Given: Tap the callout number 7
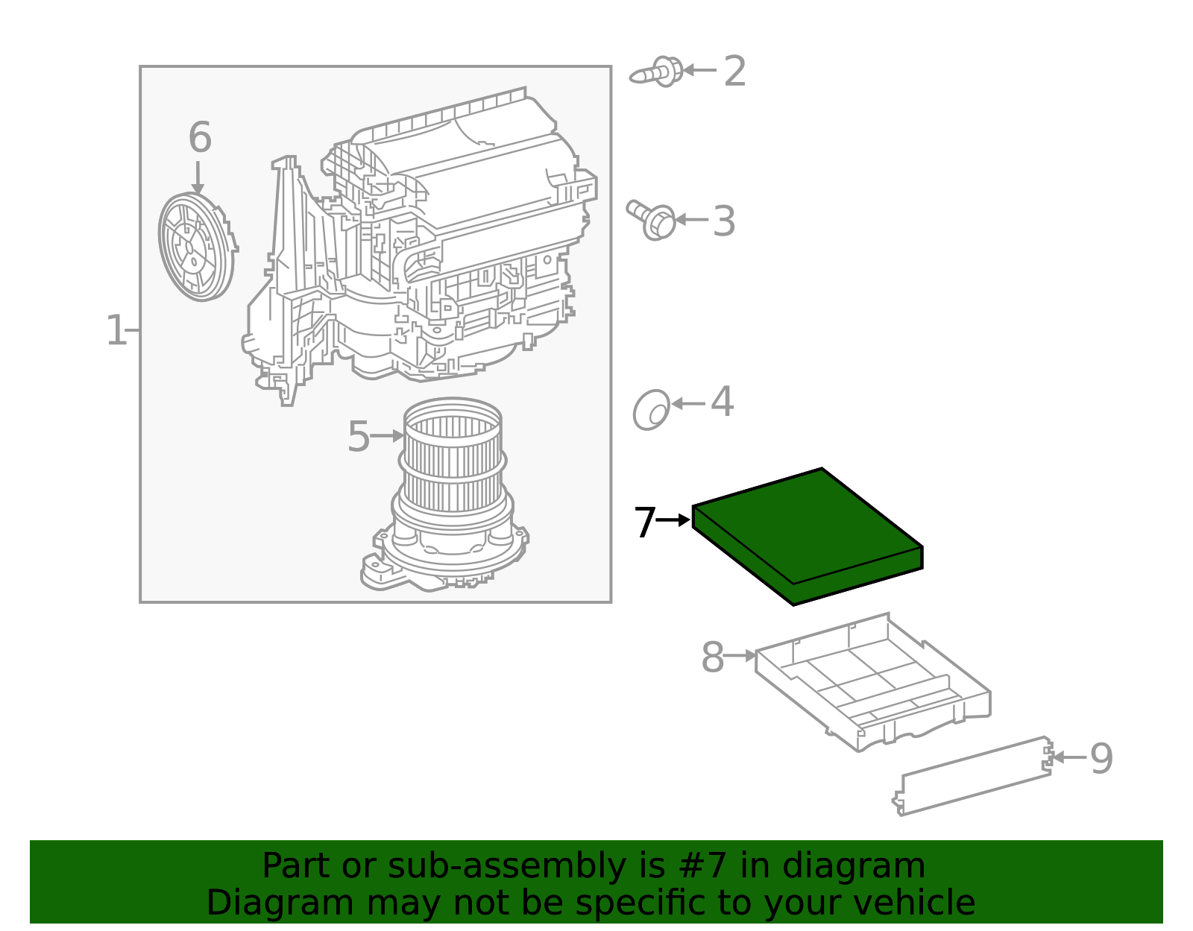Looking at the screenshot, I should click(x=644, y=523).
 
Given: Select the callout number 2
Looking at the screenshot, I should click(x=734, y=72).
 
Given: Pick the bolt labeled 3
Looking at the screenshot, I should click(x=653, y=219).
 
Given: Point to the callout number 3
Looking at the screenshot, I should click(x=723, y=221).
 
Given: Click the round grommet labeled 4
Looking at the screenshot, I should click(x=652, y=409).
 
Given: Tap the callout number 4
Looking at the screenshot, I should click(x=722, y=403).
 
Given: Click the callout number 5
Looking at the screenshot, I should click(x=358, y=437).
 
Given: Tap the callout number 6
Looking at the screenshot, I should click(x=199, y=138).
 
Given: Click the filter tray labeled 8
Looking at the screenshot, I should click(x=872, y=682).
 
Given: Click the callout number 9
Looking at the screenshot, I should click(x=1101, y=759).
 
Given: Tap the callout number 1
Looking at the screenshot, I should click(x=116, y=330).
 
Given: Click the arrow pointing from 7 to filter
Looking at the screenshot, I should click(x=673, y=520).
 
